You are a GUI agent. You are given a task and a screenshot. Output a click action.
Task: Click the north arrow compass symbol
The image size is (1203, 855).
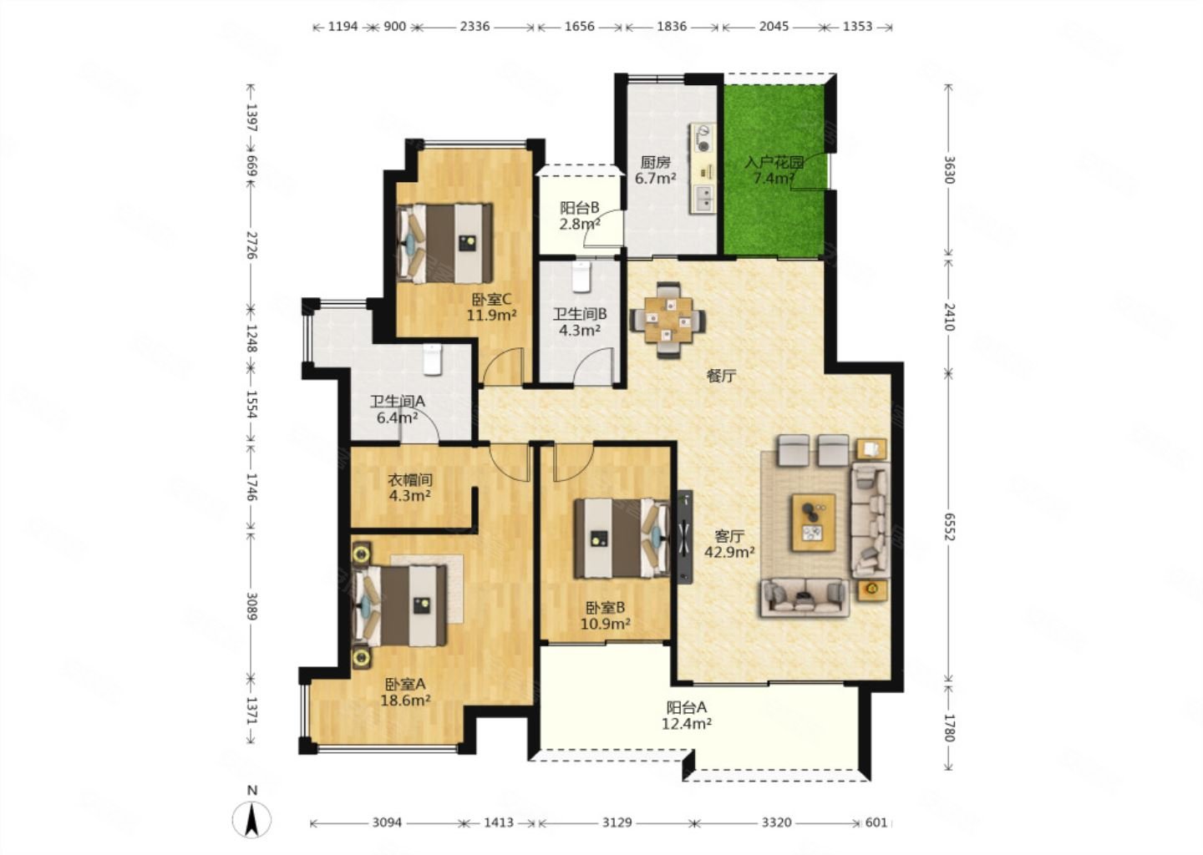(251, 818)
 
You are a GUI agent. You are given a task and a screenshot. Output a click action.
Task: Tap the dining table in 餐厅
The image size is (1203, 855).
(668, 320)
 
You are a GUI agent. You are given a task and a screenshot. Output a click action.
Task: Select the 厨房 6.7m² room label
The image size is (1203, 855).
(655, 170)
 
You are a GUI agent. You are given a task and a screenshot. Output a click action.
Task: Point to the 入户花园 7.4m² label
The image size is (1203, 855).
(774, 170)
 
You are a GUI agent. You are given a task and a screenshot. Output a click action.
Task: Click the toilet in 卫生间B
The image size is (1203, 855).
(581, 276)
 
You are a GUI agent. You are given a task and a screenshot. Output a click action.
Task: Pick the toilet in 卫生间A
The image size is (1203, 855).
(433, 359)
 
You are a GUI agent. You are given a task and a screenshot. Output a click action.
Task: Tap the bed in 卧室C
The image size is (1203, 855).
(444, 243)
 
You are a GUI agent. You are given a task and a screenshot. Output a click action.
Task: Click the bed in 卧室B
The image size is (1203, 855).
(622, 539)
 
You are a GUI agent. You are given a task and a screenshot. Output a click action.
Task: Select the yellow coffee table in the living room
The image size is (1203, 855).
(813, 522)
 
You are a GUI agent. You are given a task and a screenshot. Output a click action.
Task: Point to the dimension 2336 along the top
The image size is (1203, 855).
(475, 26)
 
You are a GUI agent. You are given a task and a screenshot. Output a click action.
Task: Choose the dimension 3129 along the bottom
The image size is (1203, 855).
(617, 822)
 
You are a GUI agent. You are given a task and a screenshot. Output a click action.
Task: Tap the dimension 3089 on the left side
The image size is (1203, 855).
(251, 606)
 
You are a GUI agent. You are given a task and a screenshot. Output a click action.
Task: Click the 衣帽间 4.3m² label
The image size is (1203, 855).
(409, 488)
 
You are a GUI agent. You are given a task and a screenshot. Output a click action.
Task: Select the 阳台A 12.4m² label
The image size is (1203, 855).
(687, 716)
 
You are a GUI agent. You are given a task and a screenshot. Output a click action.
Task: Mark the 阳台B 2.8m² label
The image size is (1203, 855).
(580, 215)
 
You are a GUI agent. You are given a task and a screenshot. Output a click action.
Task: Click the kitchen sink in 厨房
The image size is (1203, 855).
(704, 199)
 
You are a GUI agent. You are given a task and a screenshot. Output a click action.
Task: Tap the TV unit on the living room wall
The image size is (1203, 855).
(685, 536)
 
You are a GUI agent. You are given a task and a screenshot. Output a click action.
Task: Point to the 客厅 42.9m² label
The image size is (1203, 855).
(729, 544)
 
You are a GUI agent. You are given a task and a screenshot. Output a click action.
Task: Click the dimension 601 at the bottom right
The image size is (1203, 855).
(876, 822)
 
